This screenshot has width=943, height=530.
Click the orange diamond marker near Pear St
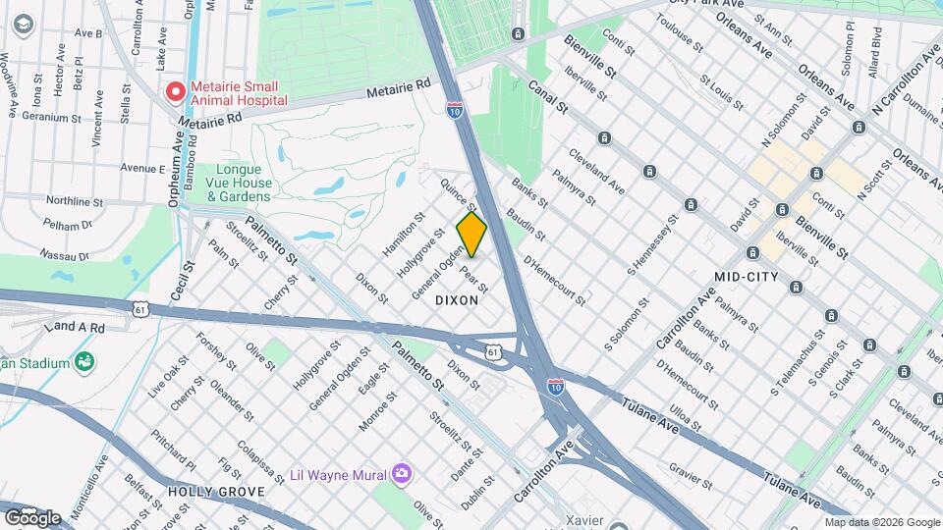coord(471,235)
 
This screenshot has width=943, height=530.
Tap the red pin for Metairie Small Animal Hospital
coord(176,92)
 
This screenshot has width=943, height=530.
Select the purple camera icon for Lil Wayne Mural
coord(400,475)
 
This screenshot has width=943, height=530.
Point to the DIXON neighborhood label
coord(456,300)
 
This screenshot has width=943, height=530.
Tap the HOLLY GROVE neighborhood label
coord(215,491)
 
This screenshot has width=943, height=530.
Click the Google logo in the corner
coord(32,517)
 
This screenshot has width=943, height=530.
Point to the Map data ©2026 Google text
coord(881,522)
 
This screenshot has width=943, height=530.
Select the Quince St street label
coord(459,193)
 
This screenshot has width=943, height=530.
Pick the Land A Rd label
coord(75,326)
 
